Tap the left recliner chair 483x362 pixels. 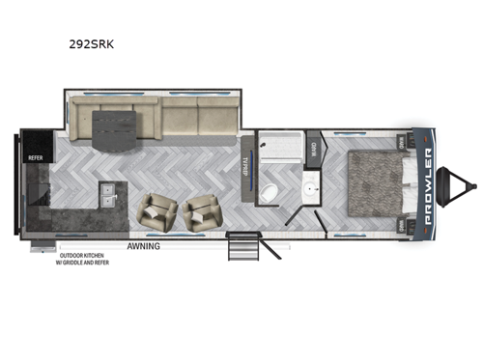click(x=158, y=213)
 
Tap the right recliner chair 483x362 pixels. click(x=204, y=213)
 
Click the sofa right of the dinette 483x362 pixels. click(x=199, y=117)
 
